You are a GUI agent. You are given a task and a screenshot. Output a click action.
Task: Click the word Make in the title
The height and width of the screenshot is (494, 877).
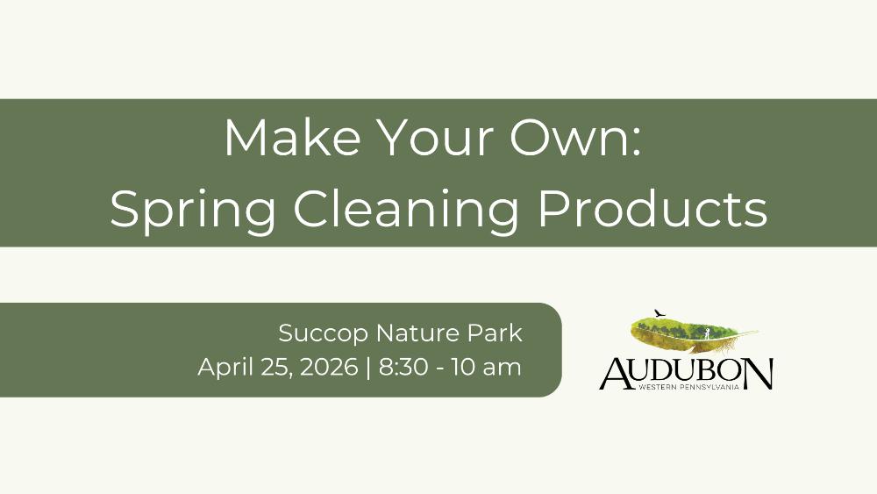292,137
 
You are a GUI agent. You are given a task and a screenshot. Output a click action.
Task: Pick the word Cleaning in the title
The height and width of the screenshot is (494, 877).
406,210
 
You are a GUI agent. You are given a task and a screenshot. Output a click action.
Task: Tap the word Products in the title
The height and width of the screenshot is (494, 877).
652,208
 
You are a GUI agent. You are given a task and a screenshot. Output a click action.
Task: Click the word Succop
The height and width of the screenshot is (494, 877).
324,334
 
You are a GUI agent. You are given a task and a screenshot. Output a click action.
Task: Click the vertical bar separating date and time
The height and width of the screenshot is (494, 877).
368,368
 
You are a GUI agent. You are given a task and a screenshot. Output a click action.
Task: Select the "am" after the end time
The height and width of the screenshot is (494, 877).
503,369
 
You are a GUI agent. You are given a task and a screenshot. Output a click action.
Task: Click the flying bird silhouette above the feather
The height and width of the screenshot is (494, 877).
660,312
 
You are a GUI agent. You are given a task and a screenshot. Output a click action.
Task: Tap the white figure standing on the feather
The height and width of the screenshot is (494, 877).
707,334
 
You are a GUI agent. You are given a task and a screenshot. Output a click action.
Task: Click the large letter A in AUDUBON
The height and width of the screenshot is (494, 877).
617,373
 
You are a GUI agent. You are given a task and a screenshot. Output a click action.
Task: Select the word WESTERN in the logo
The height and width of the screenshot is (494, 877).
656,387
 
